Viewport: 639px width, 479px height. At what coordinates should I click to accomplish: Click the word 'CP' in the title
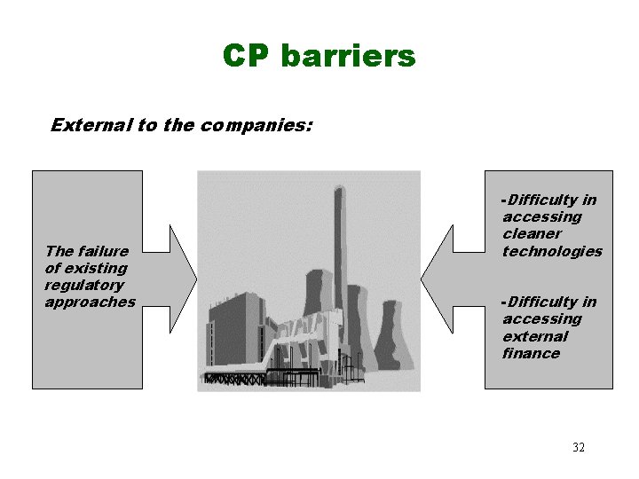246,57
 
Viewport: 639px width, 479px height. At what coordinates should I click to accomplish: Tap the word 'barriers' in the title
347,57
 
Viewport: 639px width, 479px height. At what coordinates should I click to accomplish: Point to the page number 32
579,447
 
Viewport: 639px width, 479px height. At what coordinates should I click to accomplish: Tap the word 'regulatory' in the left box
84,286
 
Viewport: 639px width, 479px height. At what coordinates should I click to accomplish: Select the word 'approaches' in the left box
90,302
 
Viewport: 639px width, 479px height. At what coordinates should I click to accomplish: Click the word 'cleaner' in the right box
532,234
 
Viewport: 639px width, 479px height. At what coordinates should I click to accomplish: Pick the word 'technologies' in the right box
552,251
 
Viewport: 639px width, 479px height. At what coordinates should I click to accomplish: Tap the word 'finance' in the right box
531,354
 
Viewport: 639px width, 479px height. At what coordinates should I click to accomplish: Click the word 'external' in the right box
534,337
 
